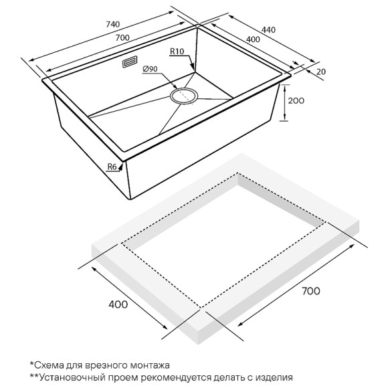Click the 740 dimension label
point(113,24)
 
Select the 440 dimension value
point(268,29)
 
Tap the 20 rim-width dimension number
point(321,72)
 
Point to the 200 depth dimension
point(296,101)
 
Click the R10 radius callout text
point(177,52)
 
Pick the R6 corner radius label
point(112,167)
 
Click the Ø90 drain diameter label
point(150,69)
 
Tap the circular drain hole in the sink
point(184,96)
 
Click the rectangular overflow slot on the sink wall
point(130,62)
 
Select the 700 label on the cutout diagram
point(311,291)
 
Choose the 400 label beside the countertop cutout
point(118,304)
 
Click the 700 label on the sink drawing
point(122,37)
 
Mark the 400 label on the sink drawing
point(253,39)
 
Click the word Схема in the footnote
point(48,365)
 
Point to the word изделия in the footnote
point(274,377)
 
